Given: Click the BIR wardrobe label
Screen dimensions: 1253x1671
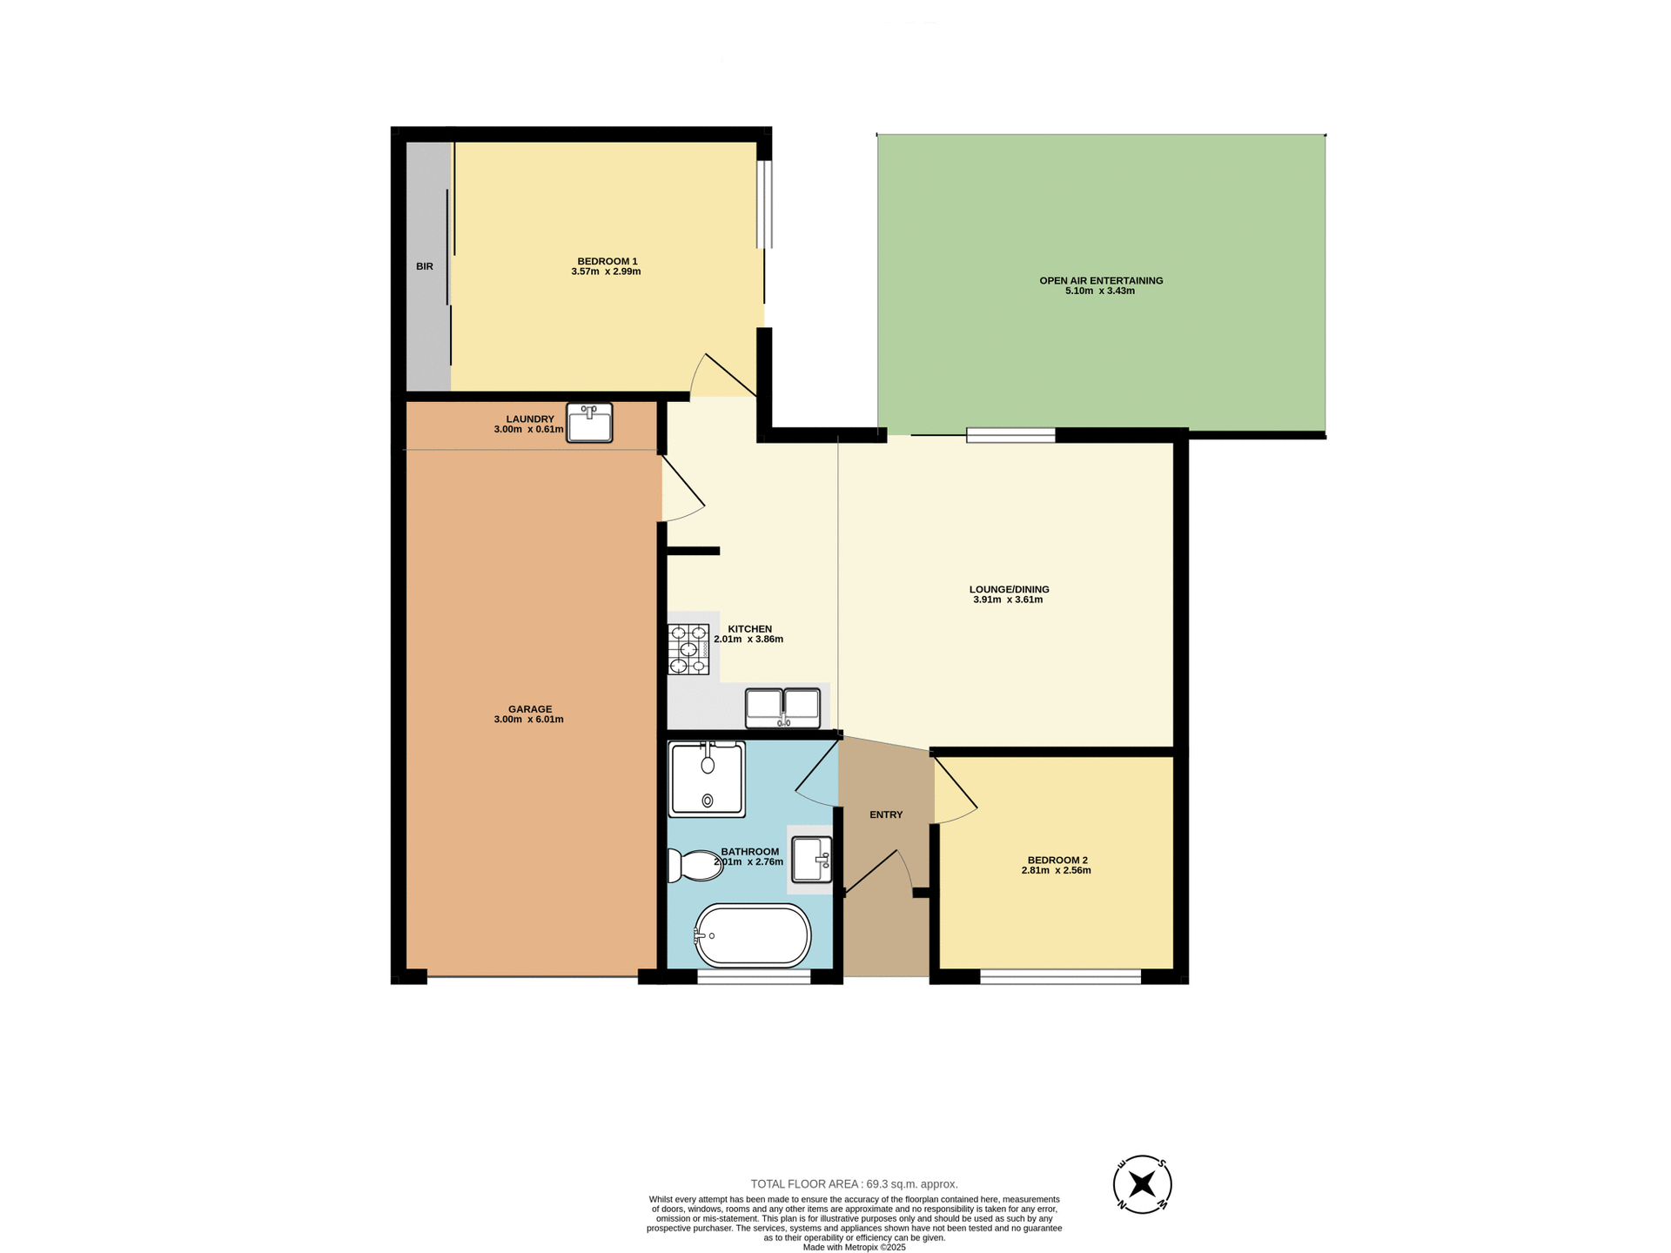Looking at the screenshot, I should coord(424,266).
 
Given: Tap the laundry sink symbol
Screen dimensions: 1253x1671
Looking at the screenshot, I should coord(589,423).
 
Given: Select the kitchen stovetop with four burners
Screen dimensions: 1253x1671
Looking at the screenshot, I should coord(688,649).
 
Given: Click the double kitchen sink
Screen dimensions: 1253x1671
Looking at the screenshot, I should coord(782,707).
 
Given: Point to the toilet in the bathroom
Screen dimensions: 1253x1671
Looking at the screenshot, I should coord(694,866).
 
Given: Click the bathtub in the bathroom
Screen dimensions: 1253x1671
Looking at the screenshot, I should coord(753,936).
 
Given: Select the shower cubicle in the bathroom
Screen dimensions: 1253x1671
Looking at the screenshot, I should coord(707,779).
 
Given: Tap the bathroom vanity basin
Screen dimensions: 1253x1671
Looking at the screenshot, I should coord(811,860).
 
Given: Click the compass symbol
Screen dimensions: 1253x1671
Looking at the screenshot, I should coord(1142,1184).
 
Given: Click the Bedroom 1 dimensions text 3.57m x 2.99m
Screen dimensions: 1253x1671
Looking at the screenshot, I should coord(606,271).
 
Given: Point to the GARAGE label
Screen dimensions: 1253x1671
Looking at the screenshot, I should coord(530,709).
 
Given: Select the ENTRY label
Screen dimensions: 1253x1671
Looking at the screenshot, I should coord(886,814).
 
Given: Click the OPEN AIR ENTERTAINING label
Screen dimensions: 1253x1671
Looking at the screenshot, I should coord(1101,280).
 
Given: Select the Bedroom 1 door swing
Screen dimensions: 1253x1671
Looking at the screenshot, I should coord(722,376).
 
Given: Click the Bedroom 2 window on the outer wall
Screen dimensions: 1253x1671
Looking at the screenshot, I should coord(1060,977).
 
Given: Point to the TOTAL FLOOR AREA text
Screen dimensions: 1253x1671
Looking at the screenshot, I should coord(854,1184).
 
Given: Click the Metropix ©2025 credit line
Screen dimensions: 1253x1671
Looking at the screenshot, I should coord(854,1247).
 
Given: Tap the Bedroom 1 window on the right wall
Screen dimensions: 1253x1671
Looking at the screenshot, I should coord(764,204).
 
